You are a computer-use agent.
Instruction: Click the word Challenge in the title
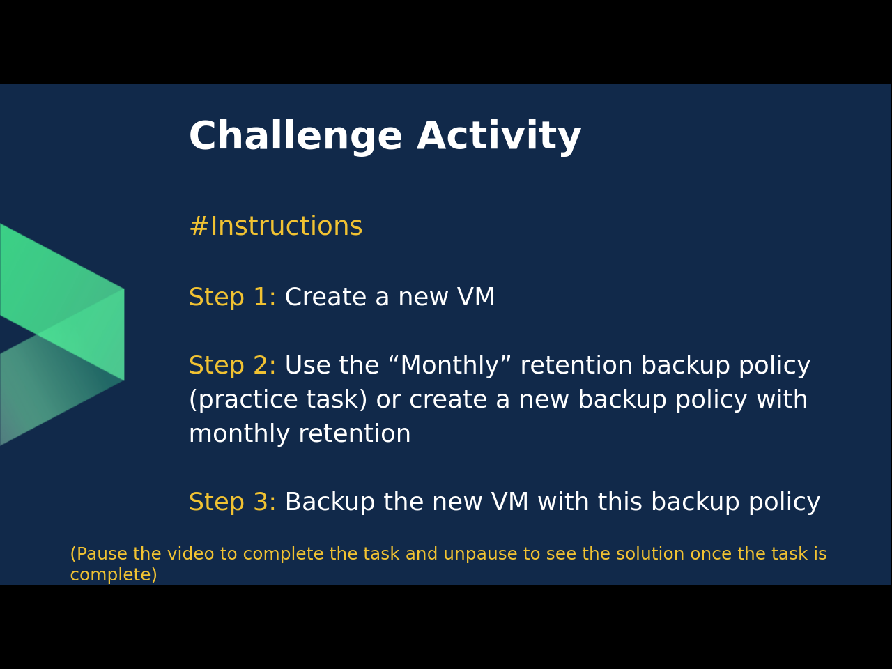[x=296, y=136]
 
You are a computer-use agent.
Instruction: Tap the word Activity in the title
[x=499, y=136]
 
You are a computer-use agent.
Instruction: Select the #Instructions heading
[x=276, y=226]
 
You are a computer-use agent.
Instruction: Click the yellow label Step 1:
[x=233, y=297]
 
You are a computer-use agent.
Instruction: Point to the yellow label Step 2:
[x=233, y=364]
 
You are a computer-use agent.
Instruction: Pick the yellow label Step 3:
[x=233, y=501]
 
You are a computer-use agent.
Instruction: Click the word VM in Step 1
[x=476, y=297]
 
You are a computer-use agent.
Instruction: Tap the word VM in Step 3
[x=509, y=501]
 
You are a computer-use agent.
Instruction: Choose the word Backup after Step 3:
[x=330, y=502]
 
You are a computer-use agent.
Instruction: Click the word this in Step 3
[x=620, y=501]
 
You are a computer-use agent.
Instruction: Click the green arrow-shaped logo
[x=62, y=334]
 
